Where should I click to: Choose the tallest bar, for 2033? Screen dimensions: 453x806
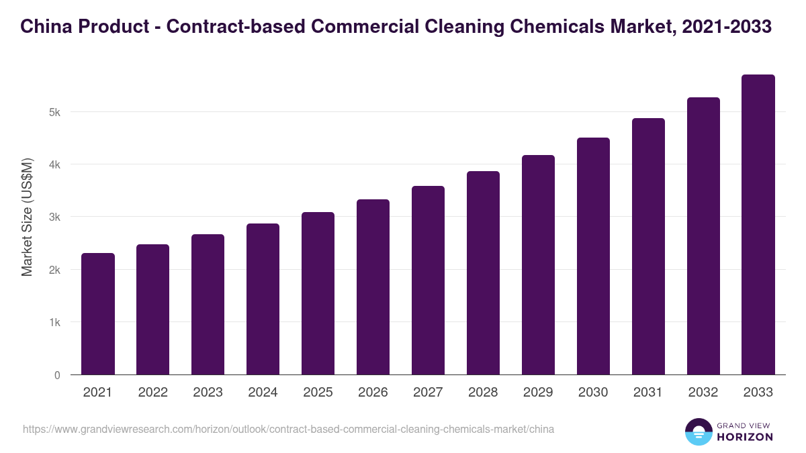758,225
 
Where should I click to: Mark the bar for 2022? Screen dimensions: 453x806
152,309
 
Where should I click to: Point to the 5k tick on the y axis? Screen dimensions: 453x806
54,112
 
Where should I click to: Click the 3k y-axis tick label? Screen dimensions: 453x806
54,217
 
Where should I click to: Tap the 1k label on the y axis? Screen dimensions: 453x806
54,323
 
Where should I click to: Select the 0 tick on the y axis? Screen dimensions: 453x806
57,375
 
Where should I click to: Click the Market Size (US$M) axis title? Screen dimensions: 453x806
27,217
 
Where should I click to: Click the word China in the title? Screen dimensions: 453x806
44,27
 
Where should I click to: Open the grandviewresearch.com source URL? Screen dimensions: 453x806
288,429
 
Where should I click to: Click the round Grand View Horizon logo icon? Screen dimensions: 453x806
698,432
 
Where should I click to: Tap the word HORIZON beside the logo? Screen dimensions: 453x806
744,437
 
